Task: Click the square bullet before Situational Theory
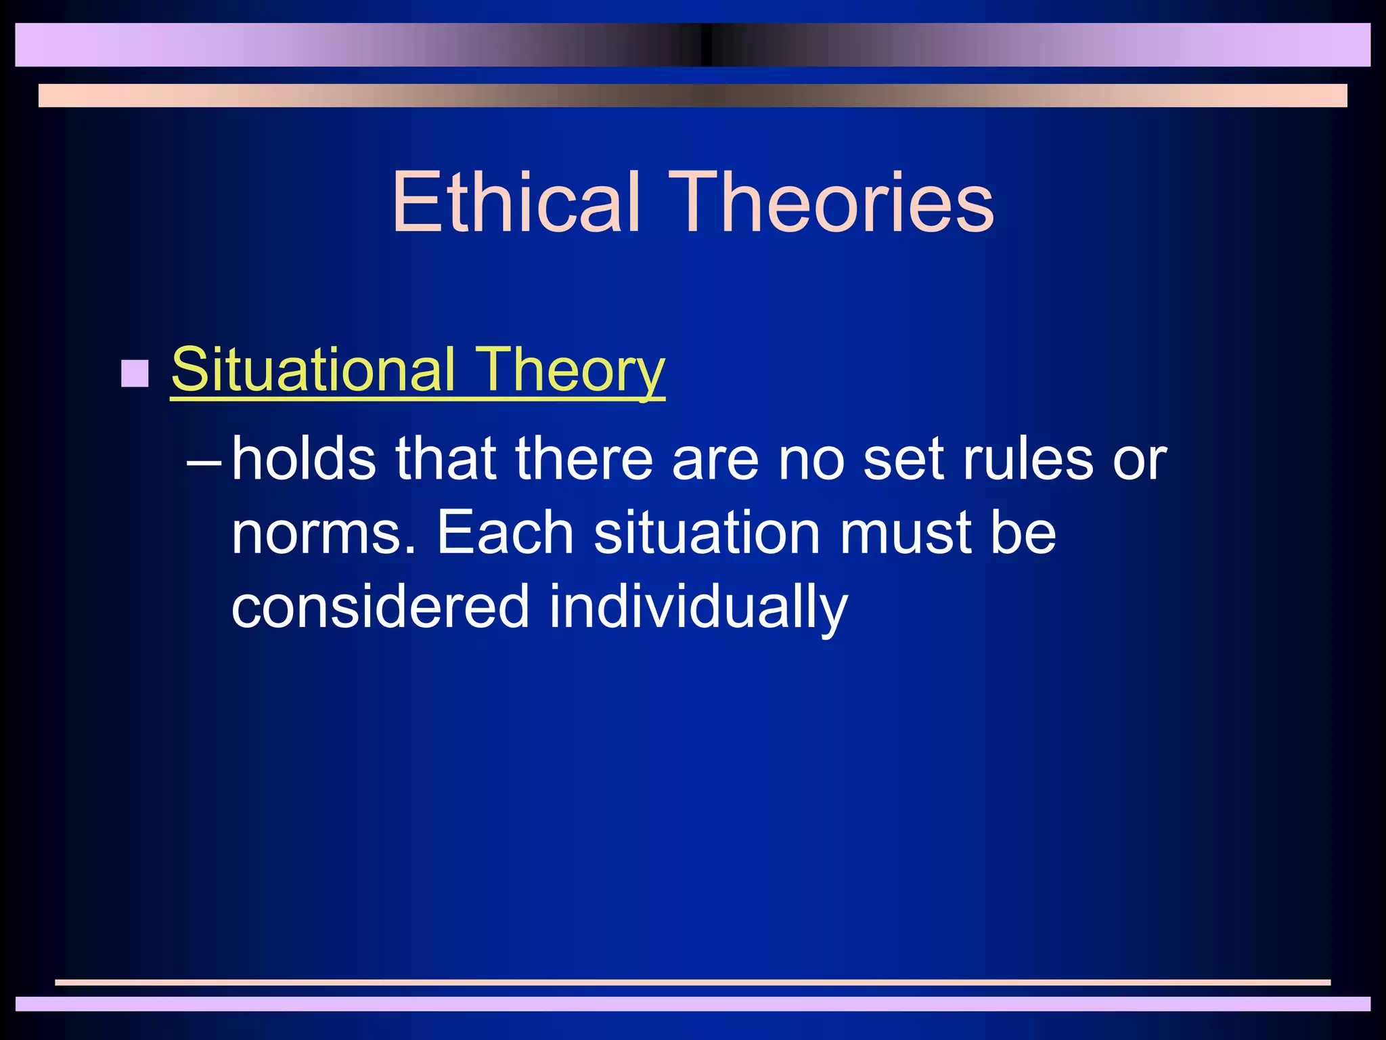pyautogui.click(x=135, y=373)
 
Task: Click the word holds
pyautogui.click(x=304, y=459)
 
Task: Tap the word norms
pyautogui.click(x=323, y=534)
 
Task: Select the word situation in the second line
pyautogui.click(x=707, y=532)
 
